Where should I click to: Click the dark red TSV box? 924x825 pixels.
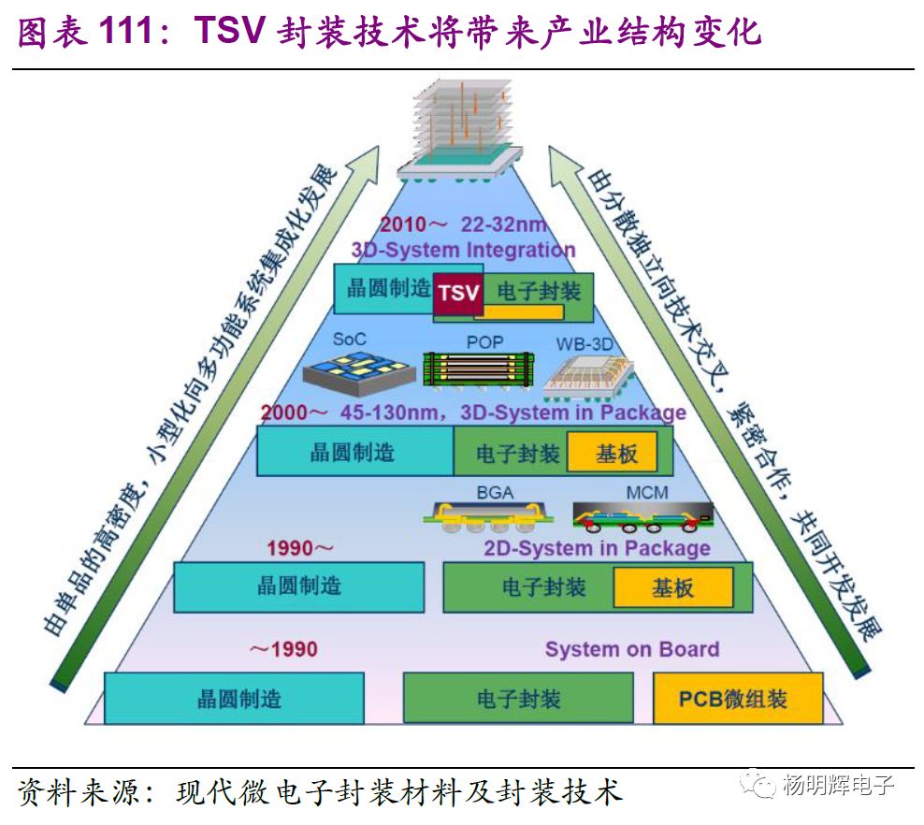pos(458,293)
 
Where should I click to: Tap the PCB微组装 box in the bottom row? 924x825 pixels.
pos(738,699)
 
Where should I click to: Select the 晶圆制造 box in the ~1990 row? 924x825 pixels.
pos(234,699)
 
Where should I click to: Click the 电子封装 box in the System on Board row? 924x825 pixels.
pos(518,699)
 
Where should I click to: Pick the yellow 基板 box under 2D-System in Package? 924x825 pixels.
pos(672,587)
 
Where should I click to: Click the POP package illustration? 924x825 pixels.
pos(477,370)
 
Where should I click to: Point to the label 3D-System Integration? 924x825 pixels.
pos(463,250)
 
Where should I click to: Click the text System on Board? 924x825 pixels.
pos(632,649)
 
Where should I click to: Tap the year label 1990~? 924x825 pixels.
pos(299,548)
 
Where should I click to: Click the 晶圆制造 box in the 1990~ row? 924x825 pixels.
pos(299,587)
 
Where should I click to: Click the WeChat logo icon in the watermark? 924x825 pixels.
pos(754,785)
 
